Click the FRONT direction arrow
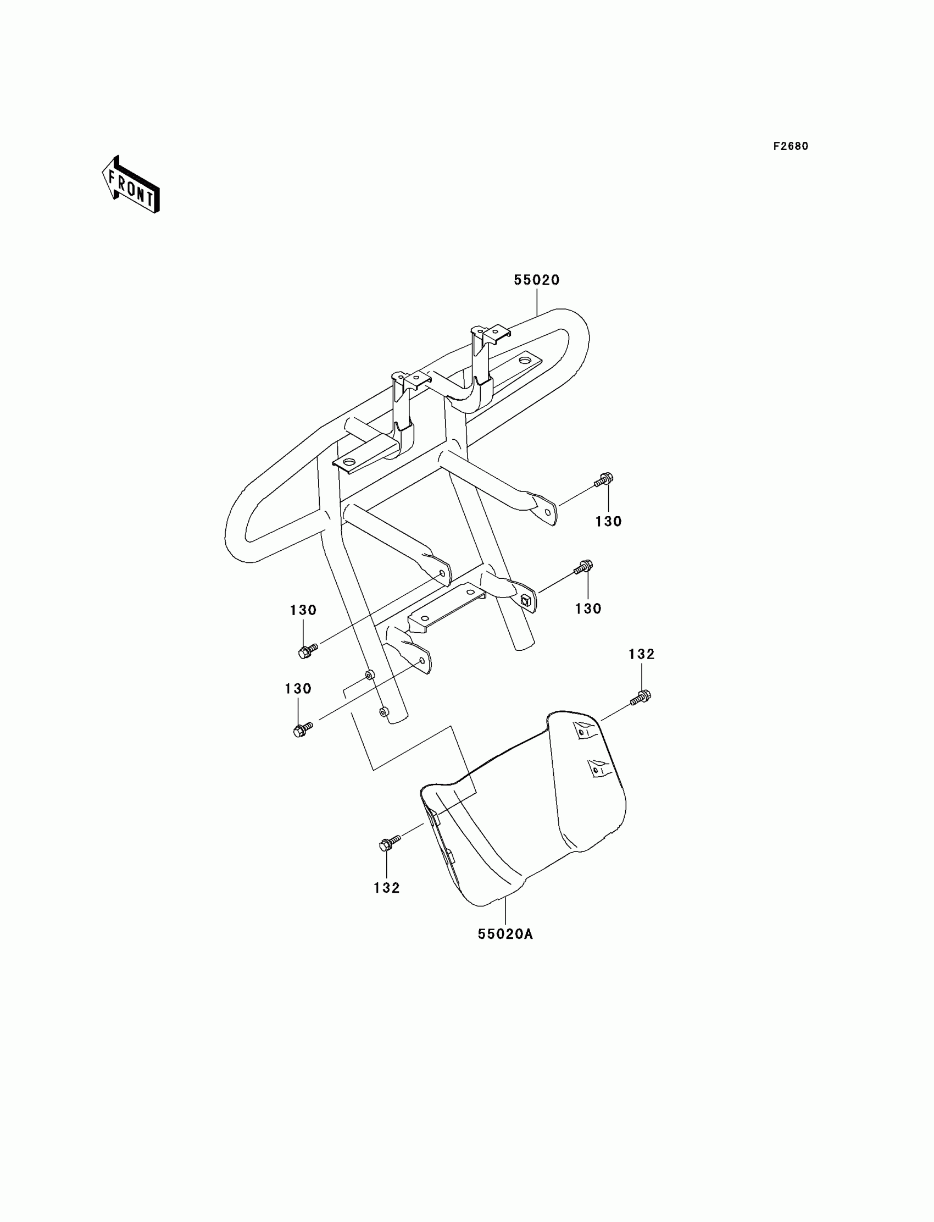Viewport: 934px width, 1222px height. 131,185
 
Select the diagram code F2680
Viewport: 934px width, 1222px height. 791,146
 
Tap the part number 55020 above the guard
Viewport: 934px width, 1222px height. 536,280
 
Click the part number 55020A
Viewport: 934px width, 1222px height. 505,935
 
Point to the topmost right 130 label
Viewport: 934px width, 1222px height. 608,522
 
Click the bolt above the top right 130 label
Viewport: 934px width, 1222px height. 604,479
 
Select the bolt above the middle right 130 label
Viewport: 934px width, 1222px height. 583,567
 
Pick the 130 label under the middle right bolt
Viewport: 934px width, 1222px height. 588,609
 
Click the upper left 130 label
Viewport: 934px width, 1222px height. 303,610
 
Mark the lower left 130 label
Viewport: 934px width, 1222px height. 298,689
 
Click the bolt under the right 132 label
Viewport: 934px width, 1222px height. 641,697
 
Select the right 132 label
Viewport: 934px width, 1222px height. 642,655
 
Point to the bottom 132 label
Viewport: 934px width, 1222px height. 387,888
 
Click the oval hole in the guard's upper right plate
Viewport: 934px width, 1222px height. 524,361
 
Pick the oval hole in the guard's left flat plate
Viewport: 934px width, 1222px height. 349,462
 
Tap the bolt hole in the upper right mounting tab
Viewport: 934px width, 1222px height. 548,512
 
